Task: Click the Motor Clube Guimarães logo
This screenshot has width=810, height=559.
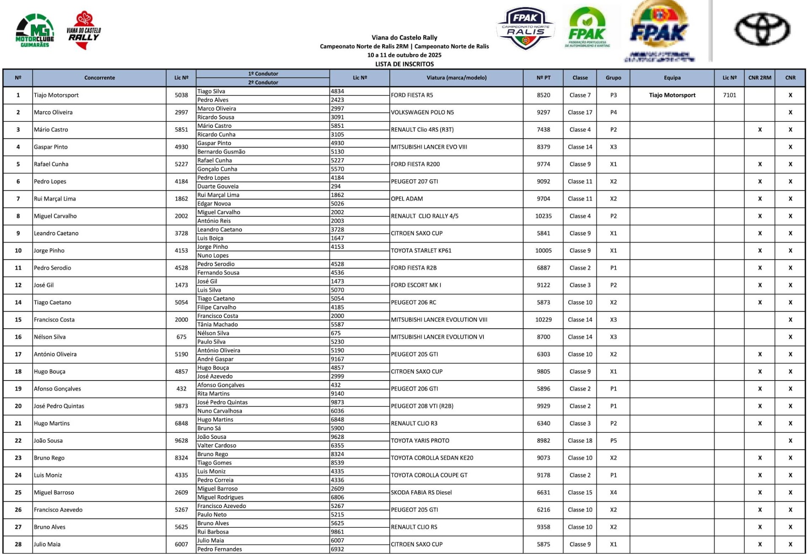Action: (x=35, y=31)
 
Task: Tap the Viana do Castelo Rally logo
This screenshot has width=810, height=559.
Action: (x=84, y=30)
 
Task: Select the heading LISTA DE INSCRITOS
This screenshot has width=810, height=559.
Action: (x=404, y=64)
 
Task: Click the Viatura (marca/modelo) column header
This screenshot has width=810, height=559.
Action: (x=456, y=78)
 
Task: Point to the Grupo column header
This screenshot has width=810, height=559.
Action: (x=613, y=78)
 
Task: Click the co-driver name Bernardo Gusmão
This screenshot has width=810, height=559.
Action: (x=221, y=151)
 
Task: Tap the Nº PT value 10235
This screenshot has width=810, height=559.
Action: (x=543, y=216)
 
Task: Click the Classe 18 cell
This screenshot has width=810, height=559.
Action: (x=580, y=440)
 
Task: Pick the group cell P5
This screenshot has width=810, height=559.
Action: (x=613, y=440)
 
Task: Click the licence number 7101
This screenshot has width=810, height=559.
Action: (x=729, y=95)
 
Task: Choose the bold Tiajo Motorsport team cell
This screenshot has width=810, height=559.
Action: (x=672, y=95)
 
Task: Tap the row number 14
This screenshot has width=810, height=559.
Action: (x=18, y=302)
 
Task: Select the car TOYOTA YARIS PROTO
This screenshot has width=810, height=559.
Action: (x=420, y=440)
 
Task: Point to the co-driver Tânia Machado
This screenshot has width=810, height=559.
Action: (x=217, y=324)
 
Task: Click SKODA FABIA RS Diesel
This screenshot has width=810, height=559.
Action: (x=421, y=492)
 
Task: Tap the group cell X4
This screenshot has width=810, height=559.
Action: (x=613, y=492)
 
